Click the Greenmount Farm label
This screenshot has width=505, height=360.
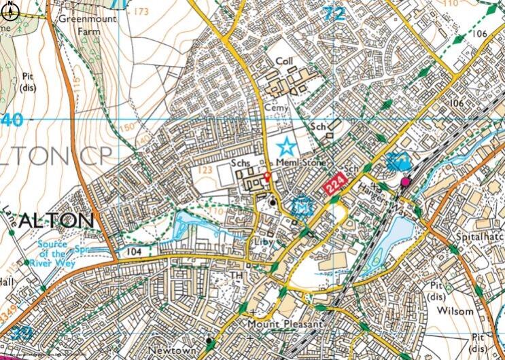pos(86,24)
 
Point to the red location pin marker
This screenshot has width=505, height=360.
pos(266,177)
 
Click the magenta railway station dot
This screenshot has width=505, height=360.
pos(406,181)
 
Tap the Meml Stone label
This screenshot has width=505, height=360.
pos(300,164)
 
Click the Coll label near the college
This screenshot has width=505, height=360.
pos(283,61)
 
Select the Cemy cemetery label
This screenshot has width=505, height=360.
pos(281,108)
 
